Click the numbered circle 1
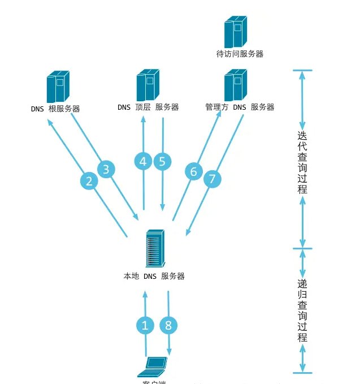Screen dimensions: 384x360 [145, 325]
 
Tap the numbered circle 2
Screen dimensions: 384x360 [89, 181]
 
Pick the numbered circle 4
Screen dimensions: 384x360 [143, 162]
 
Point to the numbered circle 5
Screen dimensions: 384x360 [162, 162]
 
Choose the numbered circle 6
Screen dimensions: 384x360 [194, 171]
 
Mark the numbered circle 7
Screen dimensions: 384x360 [212, 180]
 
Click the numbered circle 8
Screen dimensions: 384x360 [168, 325]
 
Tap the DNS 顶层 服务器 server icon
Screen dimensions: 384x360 [148, 85]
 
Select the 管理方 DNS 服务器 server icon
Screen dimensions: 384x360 [236, 85]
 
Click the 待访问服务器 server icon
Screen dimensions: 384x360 [236, 32]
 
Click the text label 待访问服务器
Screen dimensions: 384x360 [240, 54]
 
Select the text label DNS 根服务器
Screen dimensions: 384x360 [55, 109]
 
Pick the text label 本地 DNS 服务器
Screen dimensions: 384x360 [154, 277]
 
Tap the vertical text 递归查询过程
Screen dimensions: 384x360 [302, 310]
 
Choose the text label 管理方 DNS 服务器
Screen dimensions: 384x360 [240, 107]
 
